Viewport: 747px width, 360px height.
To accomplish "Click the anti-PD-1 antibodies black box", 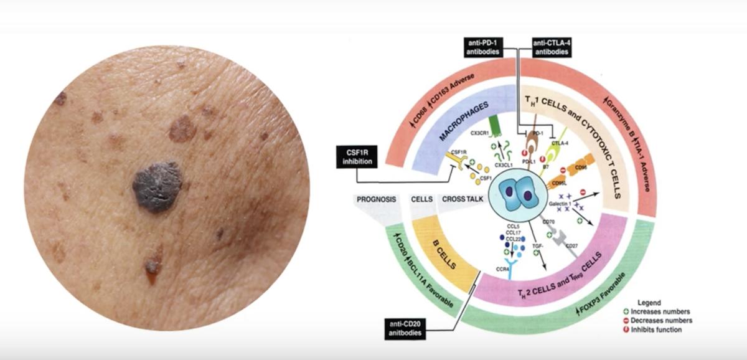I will pyautogui.click(x=487, y=47).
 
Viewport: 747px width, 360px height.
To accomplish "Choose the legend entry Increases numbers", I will pyautogui.click(x=661, y=311).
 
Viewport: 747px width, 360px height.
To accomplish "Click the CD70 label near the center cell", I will pyautogui.click(x=548, y=221).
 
